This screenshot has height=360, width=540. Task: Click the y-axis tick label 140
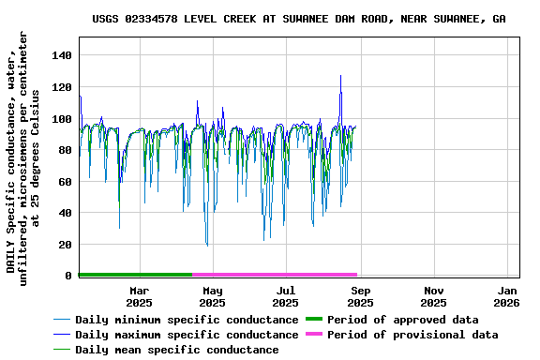pos(63,55)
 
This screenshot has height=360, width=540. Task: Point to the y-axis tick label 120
pos(63,87)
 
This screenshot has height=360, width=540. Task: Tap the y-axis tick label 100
pos(63,119)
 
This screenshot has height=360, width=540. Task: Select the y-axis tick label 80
pos(66,150)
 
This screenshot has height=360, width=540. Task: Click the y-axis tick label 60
pos(66,182)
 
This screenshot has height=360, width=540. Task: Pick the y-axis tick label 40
pos(66,213)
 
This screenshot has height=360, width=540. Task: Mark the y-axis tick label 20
pos(66,245)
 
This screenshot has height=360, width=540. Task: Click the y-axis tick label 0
pos(69,276)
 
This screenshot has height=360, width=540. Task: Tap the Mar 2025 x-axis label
pos(139,296)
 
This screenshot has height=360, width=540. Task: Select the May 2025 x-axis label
pos(212,296)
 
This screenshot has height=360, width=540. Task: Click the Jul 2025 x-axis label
pos(286,296)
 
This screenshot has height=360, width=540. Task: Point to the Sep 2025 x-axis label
pos(360,296)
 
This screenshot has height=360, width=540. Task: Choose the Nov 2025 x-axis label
pos(433,296)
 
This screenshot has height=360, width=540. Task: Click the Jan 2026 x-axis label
pos(507,296)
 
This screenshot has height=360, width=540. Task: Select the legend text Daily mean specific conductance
pos(176,350)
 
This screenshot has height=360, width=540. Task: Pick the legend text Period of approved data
pos(415,319)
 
